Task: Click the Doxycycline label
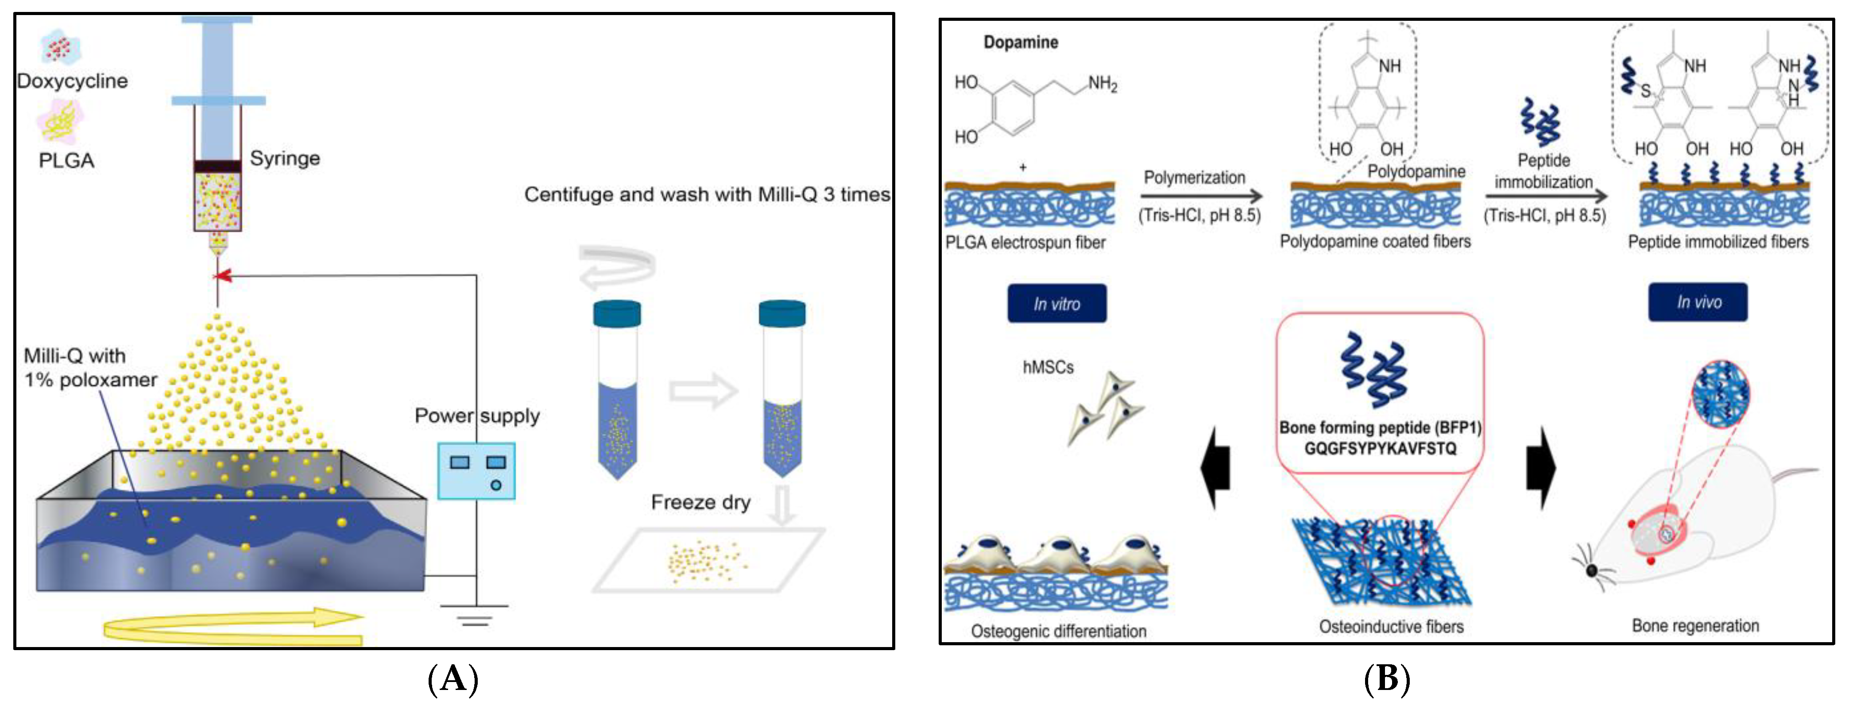72,81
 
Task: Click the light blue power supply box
476,471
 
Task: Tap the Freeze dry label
700,502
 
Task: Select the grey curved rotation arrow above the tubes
617,266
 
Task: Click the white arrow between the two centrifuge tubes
702,391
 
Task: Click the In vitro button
1056,304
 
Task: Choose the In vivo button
1698,302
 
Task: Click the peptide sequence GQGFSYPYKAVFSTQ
1380,448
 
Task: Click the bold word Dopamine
1020,42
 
